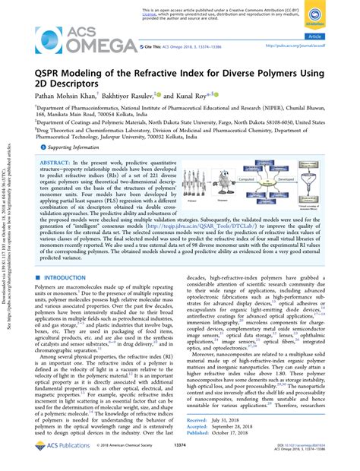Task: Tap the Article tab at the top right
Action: pos(334,36)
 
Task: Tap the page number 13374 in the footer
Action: pos(179,459)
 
